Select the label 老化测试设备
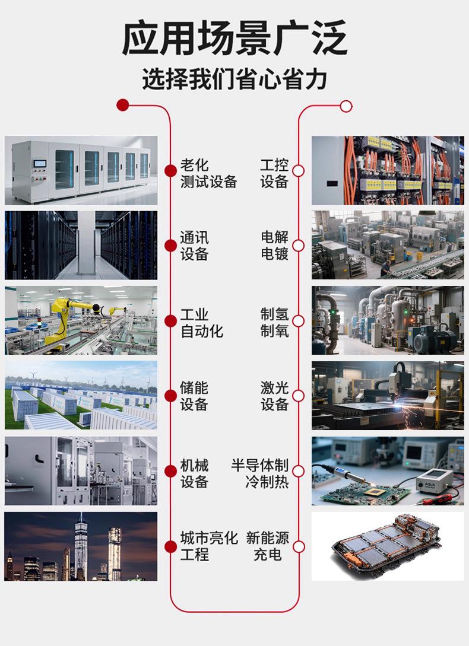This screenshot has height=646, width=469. click(208, 174)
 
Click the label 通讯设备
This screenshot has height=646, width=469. click(195, 246)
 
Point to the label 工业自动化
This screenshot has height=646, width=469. click(202, 323)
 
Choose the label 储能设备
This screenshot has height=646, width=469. click(194, 396)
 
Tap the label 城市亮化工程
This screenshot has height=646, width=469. click(208, 546)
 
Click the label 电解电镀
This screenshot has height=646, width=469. click(274, 246)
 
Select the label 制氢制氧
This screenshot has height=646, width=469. click(274, 322)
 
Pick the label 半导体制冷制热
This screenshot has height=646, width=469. click(260, 473)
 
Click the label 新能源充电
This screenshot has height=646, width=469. click(268, 546)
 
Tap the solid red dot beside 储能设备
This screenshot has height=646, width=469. click(171, 396)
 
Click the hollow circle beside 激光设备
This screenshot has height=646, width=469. click(298, 396)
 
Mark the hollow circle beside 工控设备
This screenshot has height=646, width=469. click(298, 171)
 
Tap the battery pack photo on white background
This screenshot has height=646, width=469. click(388, 546)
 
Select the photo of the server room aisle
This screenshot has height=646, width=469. click(81, 245)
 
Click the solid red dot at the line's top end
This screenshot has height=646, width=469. click(123, 106)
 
